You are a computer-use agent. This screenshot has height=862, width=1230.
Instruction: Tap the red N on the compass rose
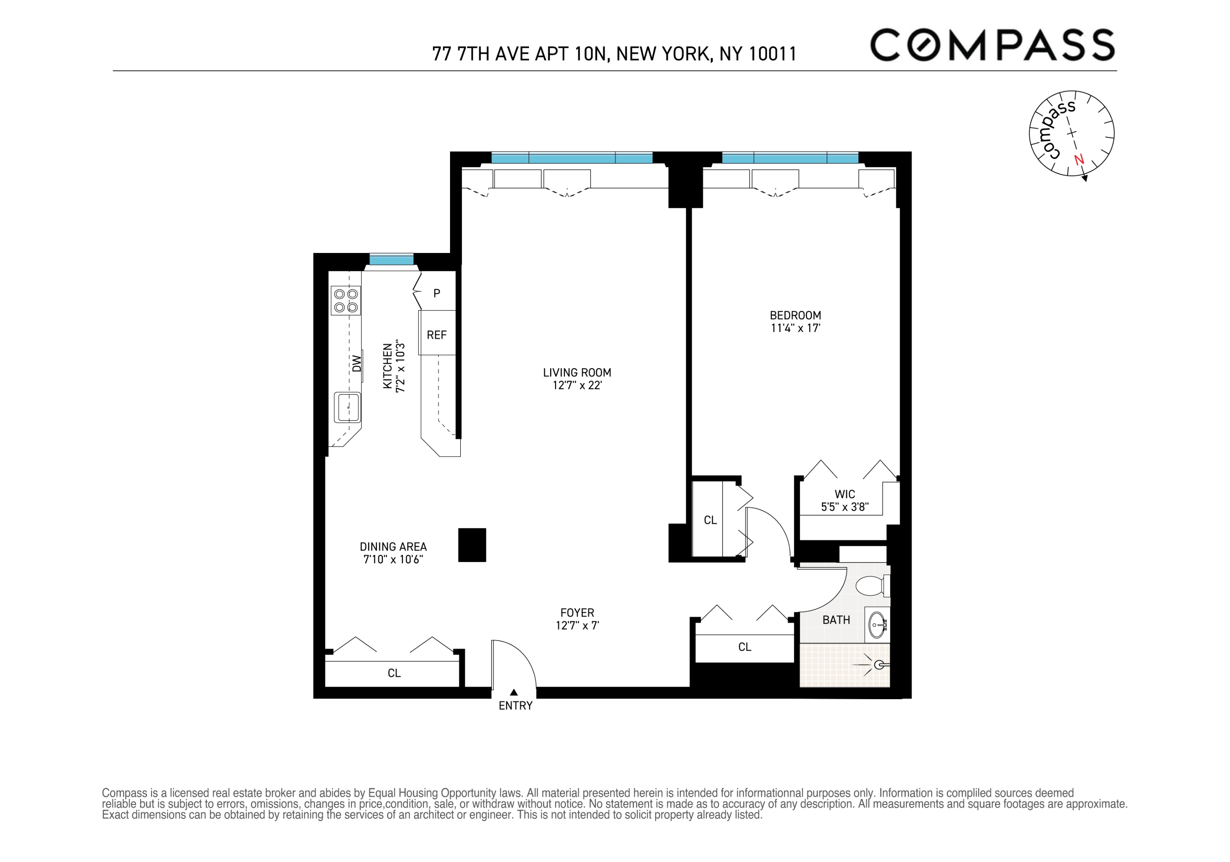point(1079,160)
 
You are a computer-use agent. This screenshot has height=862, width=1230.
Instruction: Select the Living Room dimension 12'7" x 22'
point(577,385)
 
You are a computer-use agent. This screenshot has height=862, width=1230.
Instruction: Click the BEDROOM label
point(795,316)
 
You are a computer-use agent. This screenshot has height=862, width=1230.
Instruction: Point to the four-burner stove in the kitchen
point(346,301)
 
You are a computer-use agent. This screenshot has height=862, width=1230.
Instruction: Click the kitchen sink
point(347,407)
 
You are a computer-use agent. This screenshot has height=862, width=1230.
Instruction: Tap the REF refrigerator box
point(436,335)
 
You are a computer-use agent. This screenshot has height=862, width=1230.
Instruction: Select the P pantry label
point(436,293)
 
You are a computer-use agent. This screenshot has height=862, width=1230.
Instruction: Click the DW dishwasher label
point(357,364)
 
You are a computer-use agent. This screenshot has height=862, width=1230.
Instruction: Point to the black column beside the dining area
point(472,545)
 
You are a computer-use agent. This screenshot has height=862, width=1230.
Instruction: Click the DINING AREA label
point(393,546)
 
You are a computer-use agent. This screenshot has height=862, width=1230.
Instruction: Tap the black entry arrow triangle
point(514,692)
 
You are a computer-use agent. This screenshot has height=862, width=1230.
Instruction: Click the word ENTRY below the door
point(515,706)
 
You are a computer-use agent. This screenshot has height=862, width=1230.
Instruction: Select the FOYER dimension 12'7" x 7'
point(577,625)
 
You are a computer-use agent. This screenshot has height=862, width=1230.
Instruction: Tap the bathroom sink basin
point(877,625)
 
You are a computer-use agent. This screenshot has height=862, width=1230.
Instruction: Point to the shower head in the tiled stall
point(879,665)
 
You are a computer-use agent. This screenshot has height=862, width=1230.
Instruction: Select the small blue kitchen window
point(391,260)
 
